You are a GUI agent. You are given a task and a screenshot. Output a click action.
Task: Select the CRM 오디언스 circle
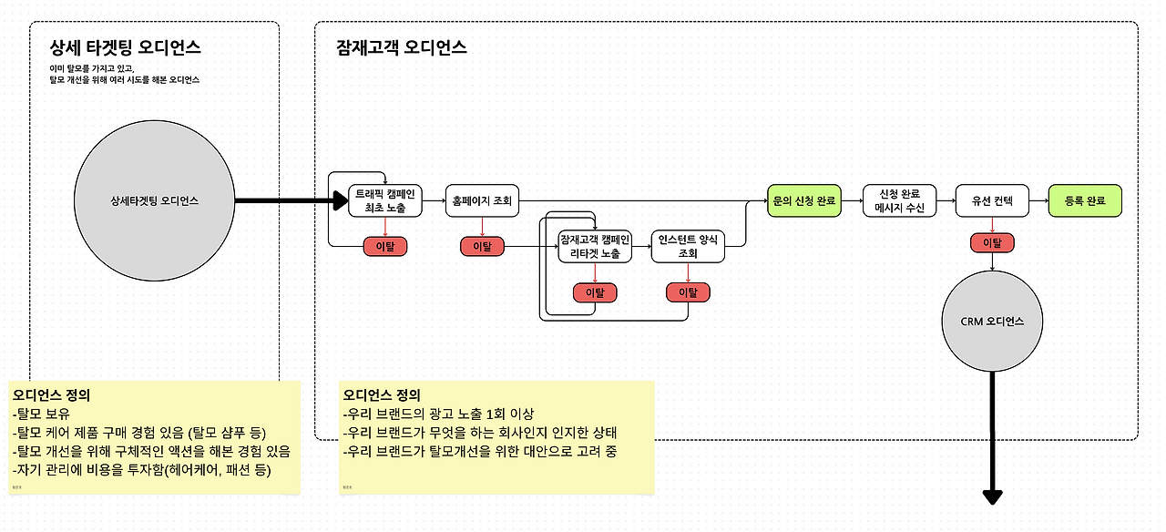coord(993,322)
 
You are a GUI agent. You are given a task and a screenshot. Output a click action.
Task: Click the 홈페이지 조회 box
coord(483,200)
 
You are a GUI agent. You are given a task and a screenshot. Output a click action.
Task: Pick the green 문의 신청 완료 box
coord(804,200)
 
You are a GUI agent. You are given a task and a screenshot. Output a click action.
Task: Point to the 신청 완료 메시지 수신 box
coord(900,200)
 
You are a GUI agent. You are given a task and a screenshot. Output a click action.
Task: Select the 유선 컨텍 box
coord(992,200)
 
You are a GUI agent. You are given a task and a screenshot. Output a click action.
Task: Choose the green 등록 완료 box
coord(1085,200)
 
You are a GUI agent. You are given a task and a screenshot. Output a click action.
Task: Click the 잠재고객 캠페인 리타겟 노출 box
coord(595,246)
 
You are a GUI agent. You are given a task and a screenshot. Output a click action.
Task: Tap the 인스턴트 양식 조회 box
coord(689,246)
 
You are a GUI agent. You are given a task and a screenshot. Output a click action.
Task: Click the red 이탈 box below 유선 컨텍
coord(992,243)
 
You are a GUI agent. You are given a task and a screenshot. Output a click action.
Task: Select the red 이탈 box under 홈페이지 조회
coord(482,246)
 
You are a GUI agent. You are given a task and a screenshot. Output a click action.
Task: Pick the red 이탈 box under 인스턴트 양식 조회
coord(688,292)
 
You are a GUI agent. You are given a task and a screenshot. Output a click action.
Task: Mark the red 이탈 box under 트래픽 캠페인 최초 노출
coord(385,246)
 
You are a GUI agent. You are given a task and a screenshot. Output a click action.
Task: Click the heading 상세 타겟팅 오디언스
coord(126,47)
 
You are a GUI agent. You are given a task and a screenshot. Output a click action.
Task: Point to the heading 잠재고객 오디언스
coord(402,47)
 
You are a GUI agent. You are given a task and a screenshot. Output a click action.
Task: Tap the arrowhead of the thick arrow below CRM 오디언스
coord(993,496)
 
